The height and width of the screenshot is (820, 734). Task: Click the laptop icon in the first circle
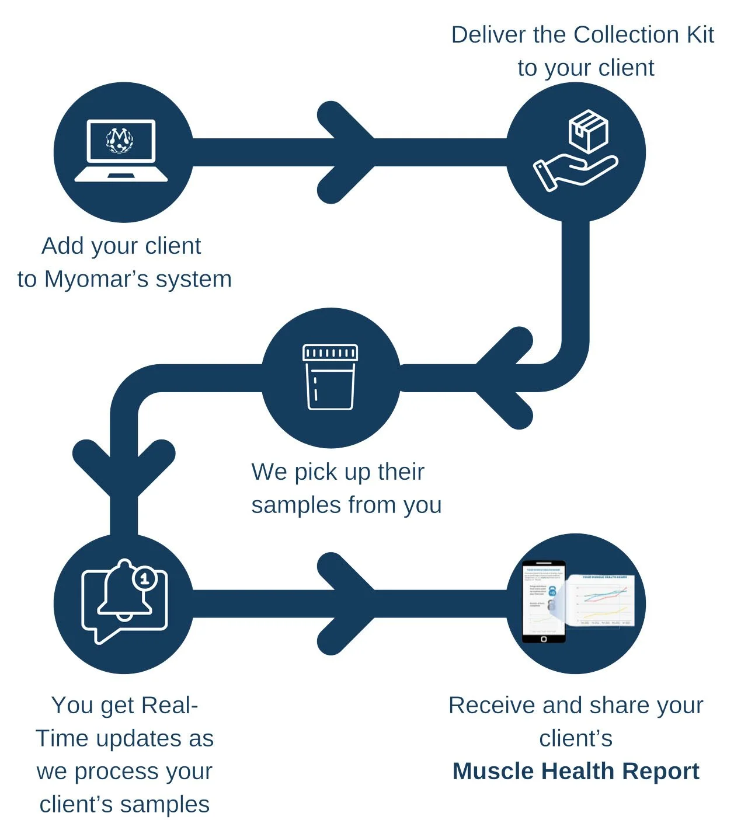click(x=121, y=151)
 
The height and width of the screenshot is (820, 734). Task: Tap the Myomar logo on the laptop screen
click(x=120, y=140)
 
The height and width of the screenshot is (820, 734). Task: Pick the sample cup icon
click(x=330, y=378)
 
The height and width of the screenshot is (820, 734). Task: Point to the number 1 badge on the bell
click(x=144, y=578)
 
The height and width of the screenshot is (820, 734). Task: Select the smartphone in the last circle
click(x=544, y=602)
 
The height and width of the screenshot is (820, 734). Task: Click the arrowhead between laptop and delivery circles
click(x=346, y=152)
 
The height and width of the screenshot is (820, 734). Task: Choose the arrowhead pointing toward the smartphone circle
click(x=346, y=603)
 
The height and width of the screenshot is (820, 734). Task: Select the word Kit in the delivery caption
click(x=700, y=35)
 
